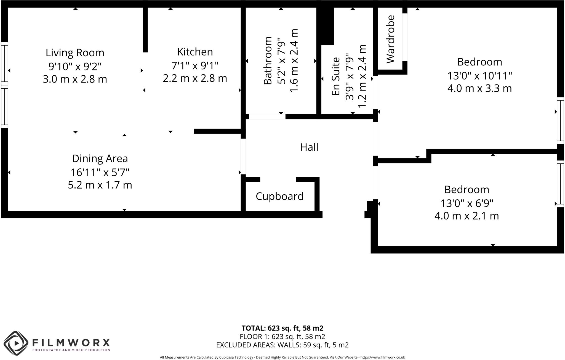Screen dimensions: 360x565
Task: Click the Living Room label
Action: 75,53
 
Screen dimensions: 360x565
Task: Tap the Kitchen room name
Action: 195,52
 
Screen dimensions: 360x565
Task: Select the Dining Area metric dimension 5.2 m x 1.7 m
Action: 100,185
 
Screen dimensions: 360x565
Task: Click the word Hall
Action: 309,147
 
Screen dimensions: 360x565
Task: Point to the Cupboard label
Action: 279,196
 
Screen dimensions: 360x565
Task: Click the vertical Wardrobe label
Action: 391,39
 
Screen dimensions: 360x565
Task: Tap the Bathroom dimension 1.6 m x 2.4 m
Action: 294,61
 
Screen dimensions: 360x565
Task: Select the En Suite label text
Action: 336,76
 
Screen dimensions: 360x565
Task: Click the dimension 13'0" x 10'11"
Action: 479,75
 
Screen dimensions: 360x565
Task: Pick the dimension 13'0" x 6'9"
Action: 467,203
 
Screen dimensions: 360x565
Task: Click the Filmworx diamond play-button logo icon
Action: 16,343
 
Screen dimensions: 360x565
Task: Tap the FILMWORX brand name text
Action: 71,343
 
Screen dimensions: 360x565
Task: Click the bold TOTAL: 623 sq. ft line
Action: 282,328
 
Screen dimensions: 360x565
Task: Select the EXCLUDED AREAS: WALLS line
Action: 282,345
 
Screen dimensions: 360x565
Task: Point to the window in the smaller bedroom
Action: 560,184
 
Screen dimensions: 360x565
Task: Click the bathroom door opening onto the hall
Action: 267,117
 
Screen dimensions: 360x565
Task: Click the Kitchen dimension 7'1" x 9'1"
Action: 195,66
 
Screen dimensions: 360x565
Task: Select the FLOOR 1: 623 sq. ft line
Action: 282,337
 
